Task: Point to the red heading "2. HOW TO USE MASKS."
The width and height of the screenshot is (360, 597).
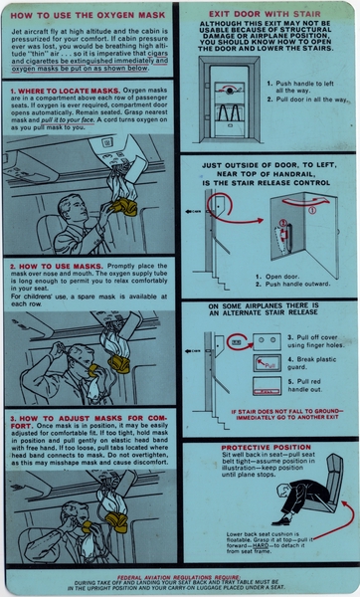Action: (x=47, y=266)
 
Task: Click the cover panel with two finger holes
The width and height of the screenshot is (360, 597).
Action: (x=240, y=340)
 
